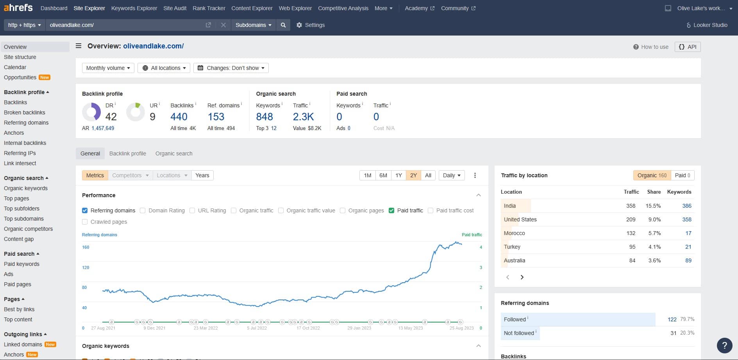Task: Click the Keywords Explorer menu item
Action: click(x=134, y=8)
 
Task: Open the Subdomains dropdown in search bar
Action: click(x=253, y=25)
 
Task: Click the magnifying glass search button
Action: click(x=283, y=25)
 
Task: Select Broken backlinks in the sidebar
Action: click(x=25, y=112)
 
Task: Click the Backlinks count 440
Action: click(x=179, y=117)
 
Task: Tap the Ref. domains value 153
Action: click(x=216, y=117)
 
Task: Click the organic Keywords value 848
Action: click(x=264, y=117)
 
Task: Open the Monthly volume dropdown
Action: click(x=108, y=68)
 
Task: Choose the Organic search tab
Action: click(x=174, y=153)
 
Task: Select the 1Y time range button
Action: click(x=398, y=175)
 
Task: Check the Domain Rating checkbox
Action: click(x=143, y=210)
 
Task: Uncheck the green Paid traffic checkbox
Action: click(x=391, y=210)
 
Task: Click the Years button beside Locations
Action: click(x=202, y=175)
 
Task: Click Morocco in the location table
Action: click(x=514, y=233)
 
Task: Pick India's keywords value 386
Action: click(x=686, y=206)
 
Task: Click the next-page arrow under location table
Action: click(x=522, y=277)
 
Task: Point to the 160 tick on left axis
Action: click(x=86, y=247)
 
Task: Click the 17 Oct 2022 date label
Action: click(x=308, y=328)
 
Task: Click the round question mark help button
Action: click(x=724, y=345)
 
